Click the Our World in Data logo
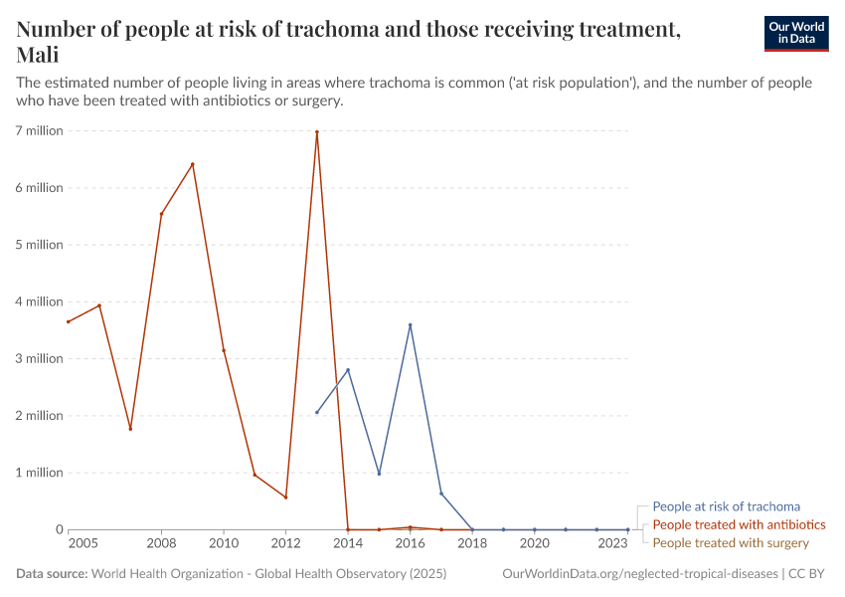(x=795, y=34)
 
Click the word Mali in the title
(x=36, y=54)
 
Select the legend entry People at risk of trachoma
(x=726, y=506)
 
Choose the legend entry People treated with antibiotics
(x=739, y=524)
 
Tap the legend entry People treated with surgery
(x=731, y=542)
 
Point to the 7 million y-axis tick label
(x=39, y=130)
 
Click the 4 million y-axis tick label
(x=39, y=301)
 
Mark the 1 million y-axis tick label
(x=39, y=473)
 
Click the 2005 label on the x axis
(x=83, y=544)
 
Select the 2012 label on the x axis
(x=285, y=544)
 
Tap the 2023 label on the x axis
(x=612, y=544)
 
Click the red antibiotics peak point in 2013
(x=317, y=132)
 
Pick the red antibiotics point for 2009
(x=193, y=164)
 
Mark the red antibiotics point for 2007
(x=130, y=429)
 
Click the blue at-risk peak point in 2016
(x=410, y=324)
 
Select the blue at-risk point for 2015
(x=379, y=474)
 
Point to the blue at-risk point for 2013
(x=317, y=412)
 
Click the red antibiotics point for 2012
(x=285, y=497)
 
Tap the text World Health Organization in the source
(x=178, y=574)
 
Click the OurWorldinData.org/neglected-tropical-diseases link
(x=640, y=574)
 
